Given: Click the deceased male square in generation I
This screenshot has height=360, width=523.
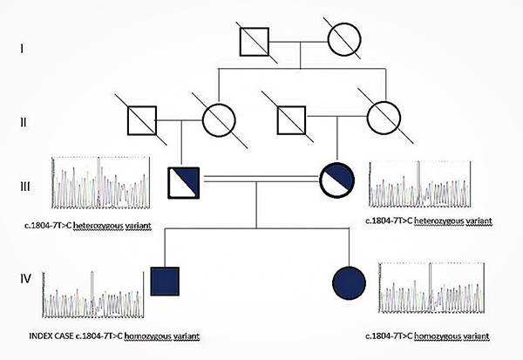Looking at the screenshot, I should coord(258,41).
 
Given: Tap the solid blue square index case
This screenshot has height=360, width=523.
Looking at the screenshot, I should coord(166,282).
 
